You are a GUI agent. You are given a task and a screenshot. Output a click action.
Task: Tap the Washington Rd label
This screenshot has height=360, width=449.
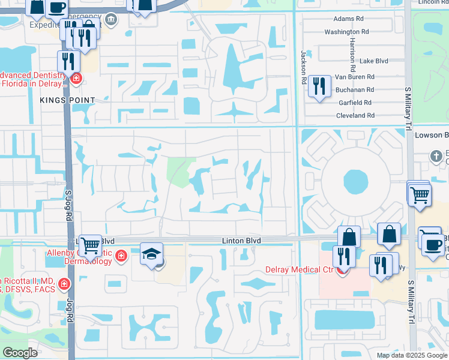(x=346, y=32)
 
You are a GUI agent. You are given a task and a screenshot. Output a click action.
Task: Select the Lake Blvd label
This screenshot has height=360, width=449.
(x=374, y=61)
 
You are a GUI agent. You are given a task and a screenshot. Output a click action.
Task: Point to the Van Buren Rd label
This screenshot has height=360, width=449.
(x=354, y=77)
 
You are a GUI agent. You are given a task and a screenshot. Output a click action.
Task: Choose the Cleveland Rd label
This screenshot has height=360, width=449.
(x=355, y=115)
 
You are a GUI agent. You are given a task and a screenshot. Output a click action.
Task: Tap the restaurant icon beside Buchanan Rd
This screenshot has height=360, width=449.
(x=319, y=86)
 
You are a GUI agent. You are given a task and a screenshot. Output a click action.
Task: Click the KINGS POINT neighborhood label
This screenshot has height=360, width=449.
(x=67, y=100)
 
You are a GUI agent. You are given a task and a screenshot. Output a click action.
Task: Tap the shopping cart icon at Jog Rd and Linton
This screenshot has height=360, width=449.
(x=90, y=244)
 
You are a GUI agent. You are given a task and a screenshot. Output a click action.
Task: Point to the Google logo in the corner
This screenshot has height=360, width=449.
(x=20, y=353)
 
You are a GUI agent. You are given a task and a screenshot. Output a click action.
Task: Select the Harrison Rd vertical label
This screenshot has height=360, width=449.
(x=351, y=47)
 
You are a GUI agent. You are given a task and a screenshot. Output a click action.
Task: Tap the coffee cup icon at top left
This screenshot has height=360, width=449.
(x=56, y=8)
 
